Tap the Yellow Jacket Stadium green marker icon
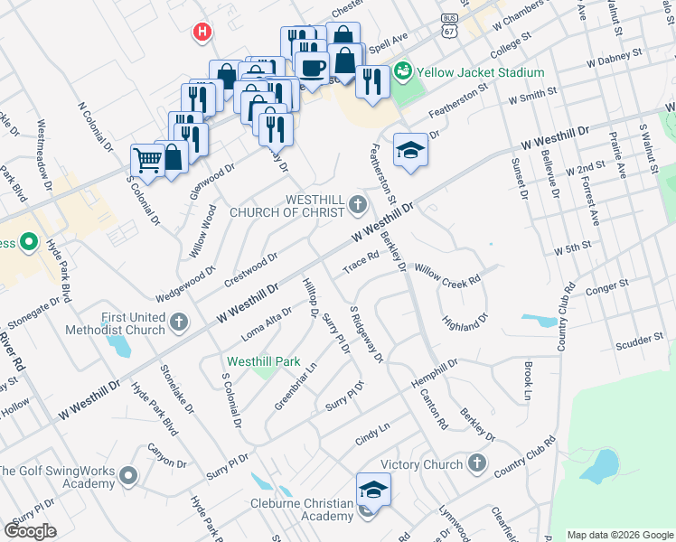point(403,70)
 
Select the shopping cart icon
point(146,161)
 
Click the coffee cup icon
point(313,67)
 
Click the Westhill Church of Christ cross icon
point(359,204)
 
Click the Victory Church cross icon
point(478,464)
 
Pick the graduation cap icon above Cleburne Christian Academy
point(373,488)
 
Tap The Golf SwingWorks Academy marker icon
point(128,474)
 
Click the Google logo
point(30,531)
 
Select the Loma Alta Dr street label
point(267,323)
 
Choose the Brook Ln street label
point(528,380)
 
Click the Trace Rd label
point(360,267)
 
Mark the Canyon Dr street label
point(166,450)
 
